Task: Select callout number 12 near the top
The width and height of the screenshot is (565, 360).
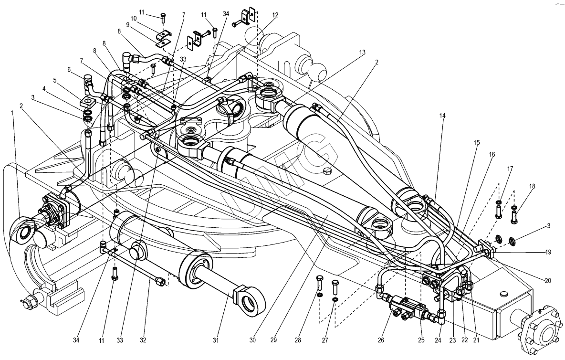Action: coord(275,15)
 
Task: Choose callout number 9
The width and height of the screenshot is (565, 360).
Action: coord(127,24)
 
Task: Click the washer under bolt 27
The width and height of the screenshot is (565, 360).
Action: coord(335,299)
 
